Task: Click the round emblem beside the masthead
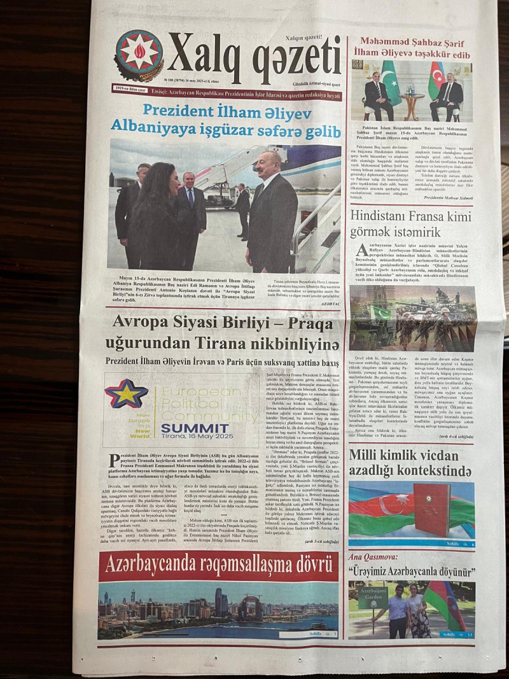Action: coord(138,55)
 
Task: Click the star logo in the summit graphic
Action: coord(126,394)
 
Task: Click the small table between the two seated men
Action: coord(412,104)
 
